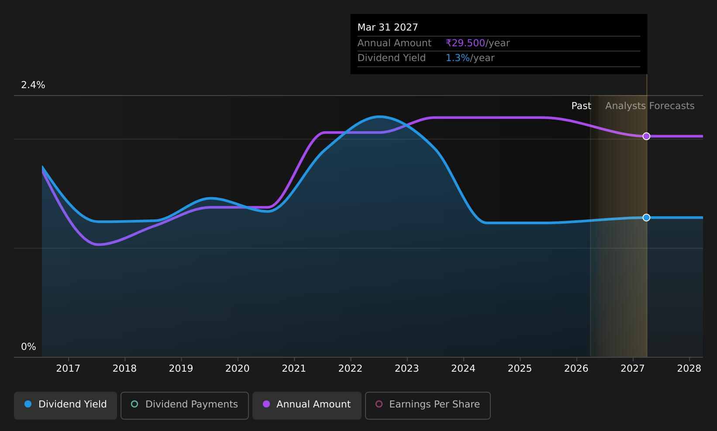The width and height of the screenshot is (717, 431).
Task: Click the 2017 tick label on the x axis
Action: pos(68,369)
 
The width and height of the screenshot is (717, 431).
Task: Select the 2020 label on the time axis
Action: pos(238,369)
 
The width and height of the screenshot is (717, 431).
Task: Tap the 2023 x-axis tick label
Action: pos(407,369)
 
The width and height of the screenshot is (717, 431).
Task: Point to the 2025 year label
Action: pos(520,369)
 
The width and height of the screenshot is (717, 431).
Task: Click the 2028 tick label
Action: pos(689,369)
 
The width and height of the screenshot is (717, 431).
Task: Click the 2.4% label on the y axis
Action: pos(33,85)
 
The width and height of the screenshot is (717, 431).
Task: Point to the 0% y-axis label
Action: pos(28,347)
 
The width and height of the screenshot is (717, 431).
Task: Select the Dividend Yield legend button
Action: pos(65,405)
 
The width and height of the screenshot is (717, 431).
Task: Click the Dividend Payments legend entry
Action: pos(185,405)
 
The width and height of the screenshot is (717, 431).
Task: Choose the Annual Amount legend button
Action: pos(307,405)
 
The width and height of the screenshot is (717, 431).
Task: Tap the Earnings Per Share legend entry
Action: pos(428,405)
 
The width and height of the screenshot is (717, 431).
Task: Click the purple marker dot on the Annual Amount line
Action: pos(646,136)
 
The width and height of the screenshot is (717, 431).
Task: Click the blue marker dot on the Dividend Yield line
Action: pos(646,217)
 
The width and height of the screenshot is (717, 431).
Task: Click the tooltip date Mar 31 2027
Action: pos(388,27)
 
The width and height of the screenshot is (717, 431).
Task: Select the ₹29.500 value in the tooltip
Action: pos(465,43)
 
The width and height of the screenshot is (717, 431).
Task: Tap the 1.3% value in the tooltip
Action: pos(458,58)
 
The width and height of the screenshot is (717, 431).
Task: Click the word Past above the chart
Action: pos(581,106)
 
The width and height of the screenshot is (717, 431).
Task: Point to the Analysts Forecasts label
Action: pos(650,106)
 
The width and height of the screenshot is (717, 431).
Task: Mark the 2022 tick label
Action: pos(351,369)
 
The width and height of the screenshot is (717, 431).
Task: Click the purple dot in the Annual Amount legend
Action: pos(266,404)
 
